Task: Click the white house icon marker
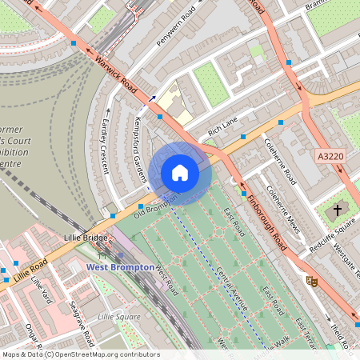(180, 173)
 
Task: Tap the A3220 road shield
(330, 158)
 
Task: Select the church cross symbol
(338, 210)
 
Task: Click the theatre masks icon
(312, 281)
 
